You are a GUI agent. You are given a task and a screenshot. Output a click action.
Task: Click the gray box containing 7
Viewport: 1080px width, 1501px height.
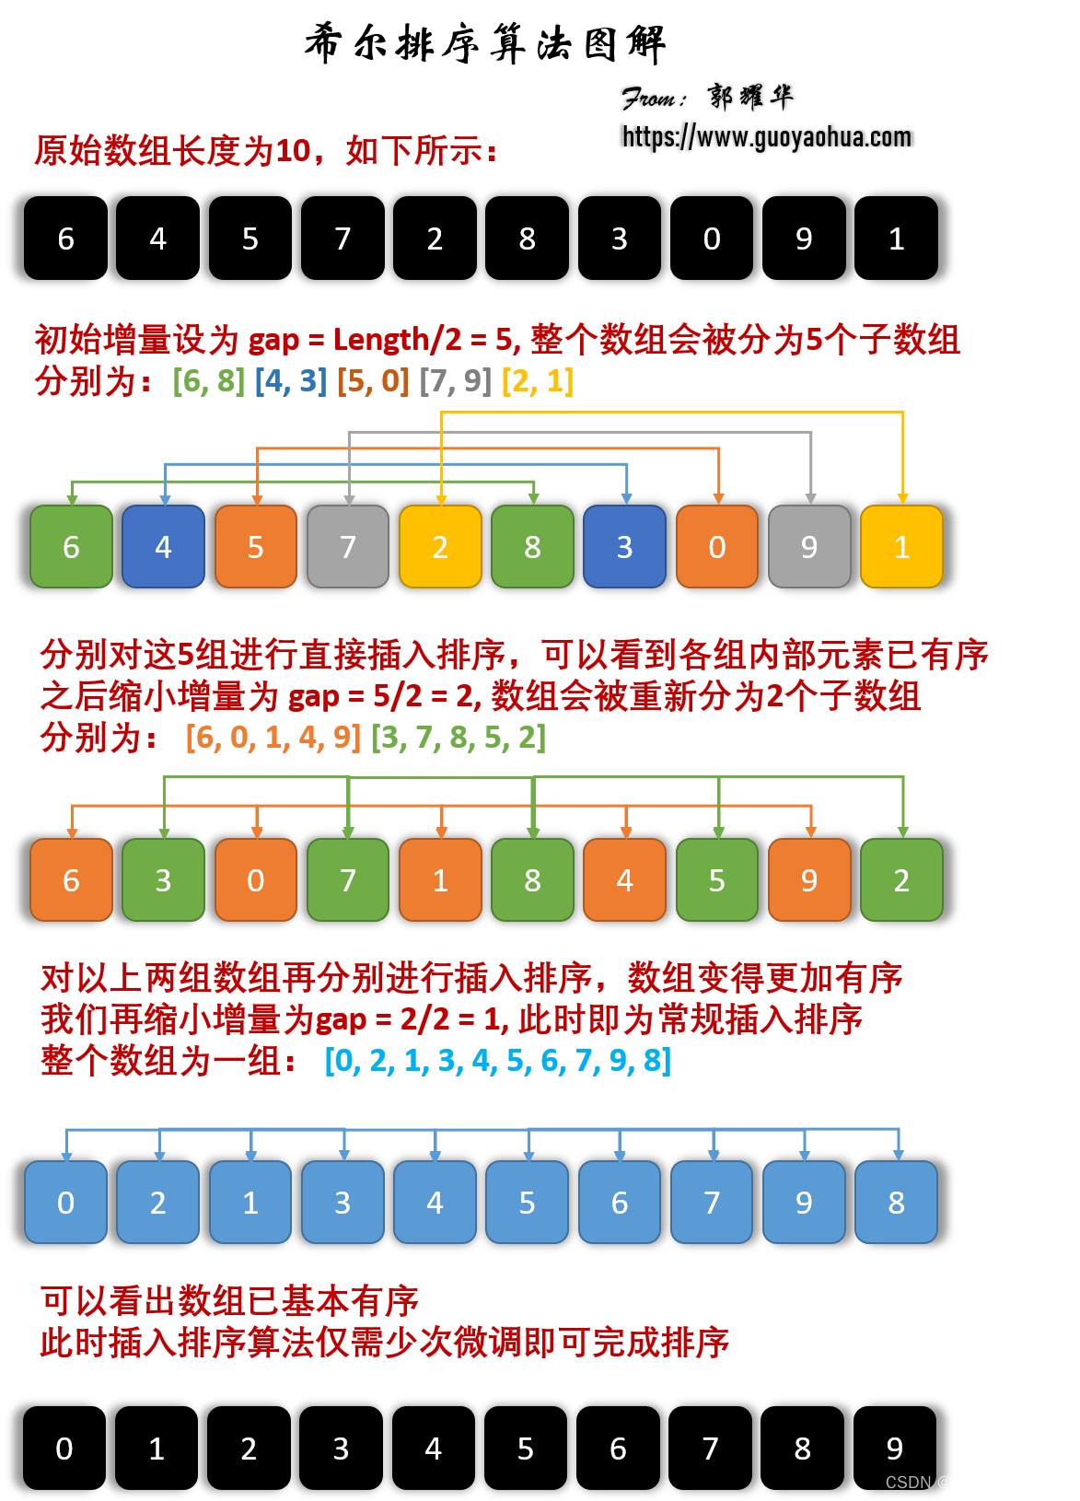(x=348, y=547)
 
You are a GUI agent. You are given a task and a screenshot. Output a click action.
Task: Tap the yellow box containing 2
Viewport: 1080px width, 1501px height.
(x=440, y=547)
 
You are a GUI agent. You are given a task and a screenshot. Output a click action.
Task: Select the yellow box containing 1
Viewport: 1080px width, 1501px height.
(x=901, y=547)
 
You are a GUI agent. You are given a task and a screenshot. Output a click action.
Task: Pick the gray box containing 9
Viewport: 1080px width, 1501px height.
(x=809, y=547)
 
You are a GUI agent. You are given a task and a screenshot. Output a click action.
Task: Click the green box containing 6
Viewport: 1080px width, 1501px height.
(x=72, y=547)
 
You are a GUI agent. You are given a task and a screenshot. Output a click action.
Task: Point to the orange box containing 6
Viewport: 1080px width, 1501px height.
(x=72, y=880)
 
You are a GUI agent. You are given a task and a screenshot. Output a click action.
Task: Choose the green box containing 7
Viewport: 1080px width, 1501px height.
(x=348, y=880)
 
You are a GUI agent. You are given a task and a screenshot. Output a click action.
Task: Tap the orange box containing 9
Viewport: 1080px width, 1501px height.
(x=809, y=880)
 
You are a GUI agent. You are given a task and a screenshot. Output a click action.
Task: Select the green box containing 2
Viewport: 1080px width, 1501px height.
(x=901, y=880)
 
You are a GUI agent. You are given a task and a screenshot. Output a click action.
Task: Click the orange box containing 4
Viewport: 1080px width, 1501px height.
(x=624, y=880)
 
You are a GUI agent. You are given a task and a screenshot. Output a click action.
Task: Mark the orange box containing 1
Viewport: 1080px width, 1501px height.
(x=440, y=880)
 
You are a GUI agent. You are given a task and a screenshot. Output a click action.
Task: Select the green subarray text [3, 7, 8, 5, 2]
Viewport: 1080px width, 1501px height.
(x=459, y=738)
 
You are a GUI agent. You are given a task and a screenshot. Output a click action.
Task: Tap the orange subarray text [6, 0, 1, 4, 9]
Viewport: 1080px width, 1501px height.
(x=273, y=738)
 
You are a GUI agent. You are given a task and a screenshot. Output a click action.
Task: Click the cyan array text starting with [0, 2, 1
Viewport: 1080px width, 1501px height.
(x=498, y=1061)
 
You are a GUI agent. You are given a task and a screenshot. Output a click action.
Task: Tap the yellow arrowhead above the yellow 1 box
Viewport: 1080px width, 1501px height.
(x=903, y=498)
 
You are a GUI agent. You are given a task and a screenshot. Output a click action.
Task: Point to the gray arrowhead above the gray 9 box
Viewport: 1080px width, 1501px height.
(x=811, y=498)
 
